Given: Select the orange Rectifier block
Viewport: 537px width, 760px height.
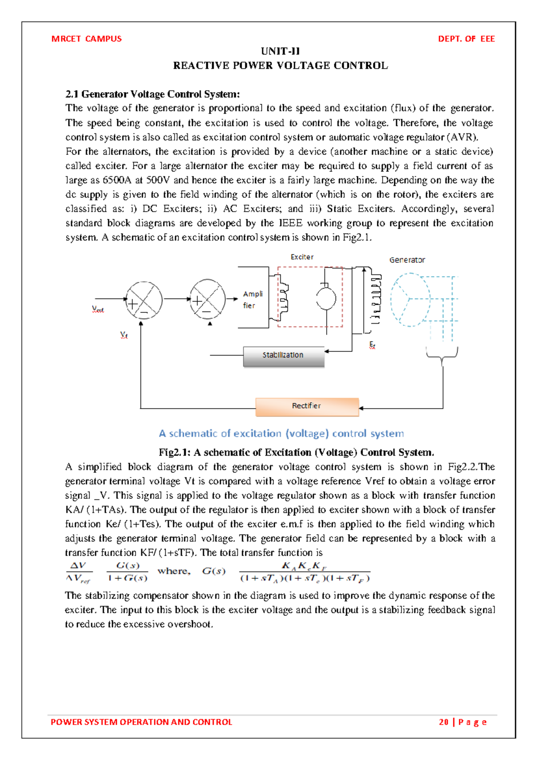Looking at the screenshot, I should tap(307, 406).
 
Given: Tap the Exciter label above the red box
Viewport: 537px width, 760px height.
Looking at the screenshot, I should tap(302, 257).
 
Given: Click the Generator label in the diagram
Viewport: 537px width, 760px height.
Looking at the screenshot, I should tap(407, 260).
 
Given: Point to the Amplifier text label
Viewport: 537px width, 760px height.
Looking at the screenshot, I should tap(252, 299).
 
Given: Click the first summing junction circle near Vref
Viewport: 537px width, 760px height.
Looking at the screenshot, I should tap(144, 300).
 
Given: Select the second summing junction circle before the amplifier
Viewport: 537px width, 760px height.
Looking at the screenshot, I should tap(208, 298).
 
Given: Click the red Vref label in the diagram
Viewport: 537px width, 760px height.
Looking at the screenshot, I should tap(98, 309).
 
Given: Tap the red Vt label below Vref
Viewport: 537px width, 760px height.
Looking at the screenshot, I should tap(124, 335).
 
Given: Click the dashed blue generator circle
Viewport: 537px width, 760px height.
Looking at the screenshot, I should tap(410, 299).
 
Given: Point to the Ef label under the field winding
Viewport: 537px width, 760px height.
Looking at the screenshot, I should tap(372, 345).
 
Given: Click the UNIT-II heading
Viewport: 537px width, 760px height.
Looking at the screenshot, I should tap(280, 51).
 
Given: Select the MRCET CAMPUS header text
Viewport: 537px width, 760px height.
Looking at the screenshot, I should tap(86, 39).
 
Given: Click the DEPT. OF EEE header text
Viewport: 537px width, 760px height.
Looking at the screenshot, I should tap(466, 39).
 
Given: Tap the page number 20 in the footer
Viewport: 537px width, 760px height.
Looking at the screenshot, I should tap(443, 722).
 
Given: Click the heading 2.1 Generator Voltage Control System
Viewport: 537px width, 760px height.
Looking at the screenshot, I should tap(153, 94).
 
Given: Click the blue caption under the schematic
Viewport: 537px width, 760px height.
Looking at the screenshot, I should tap(281, 433).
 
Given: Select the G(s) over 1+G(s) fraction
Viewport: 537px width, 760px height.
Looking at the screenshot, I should tap(128, 572).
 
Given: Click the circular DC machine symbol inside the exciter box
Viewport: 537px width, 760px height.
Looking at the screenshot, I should tap(326, 299).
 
